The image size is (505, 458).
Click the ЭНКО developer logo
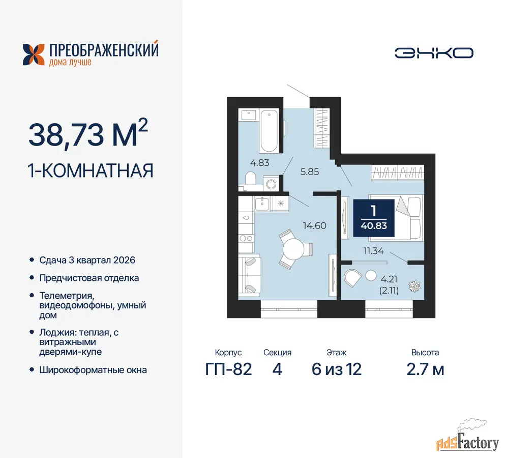pyautogui.click(x=434, y=53)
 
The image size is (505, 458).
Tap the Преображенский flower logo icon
pyautogui.click(x=34, y=54)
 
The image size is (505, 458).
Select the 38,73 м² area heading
pyautogui.click(x=88, y=134)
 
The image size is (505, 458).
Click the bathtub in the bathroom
pyautogui.click(x=269, y=131)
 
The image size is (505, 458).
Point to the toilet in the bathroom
pyautogui.click(x=251, y=179)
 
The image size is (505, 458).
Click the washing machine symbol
pyautogui.click(x=271, y=184)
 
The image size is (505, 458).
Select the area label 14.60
pyautogui.click(x=315, y=225)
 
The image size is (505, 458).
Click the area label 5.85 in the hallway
pyautogui.click(x=310, y=172)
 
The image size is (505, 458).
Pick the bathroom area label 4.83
pyautogui.click(x=259, y=163)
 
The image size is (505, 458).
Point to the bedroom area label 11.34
pyautogui.click(x=374, y=251)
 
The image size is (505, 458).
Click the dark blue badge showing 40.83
pyautogui.click(x=374, y=218)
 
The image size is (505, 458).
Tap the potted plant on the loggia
pyautogui.click(x=414, y=286)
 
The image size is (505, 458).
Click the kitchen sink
pyautogui.click(x=262, y=204)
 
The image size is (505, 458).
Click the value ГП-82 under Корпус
pyautogui.click(x=228, y=369)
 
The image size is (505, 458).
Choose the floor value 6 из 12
pyautogui.click(x=337, y=369)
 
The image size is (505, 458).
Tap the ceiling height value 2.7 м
pyautogui.click(x=425, y=369)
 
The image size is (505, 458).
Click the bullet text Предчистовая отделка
pyautogui.click(x=89, y=278)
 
